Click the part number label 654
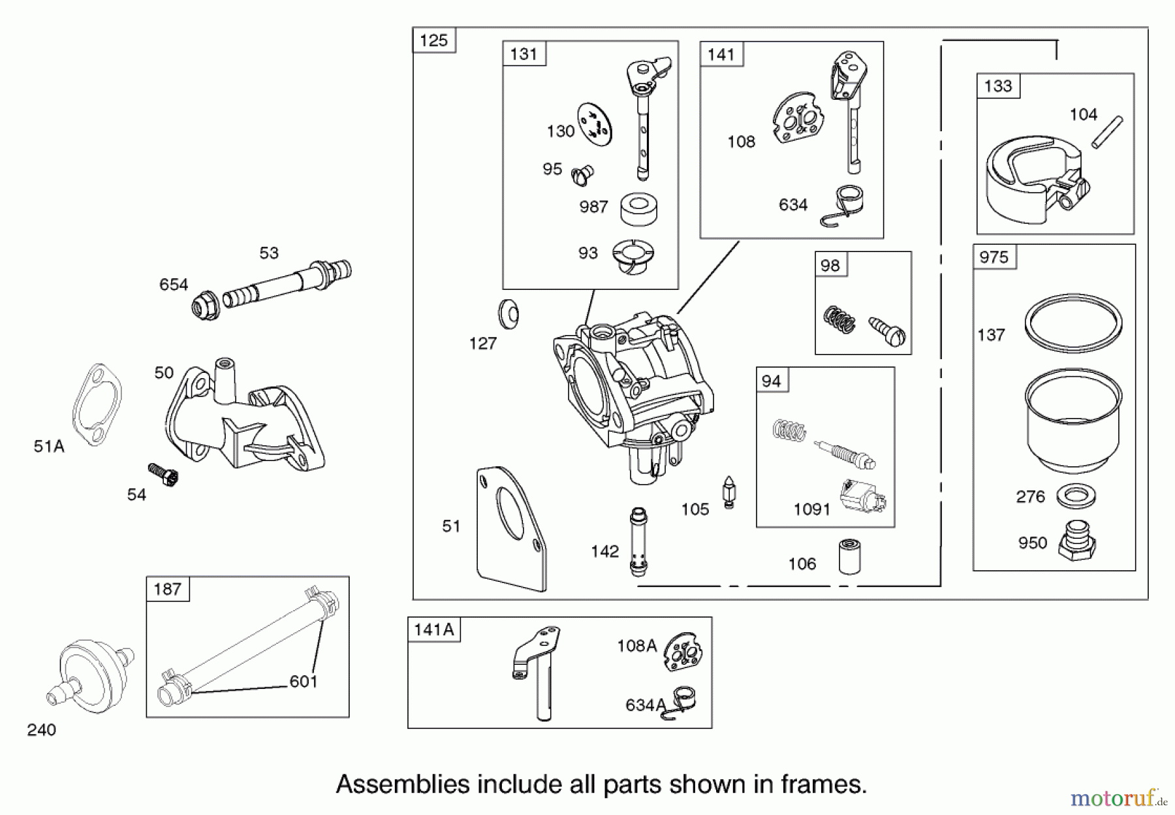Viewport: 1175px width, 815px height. coord(174,285)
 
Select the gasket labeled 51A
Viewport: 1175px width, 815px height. coord(97,405)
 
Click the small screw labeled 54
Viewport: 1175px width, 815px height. coord(164,474)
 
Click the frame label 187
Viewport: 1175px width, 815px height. coord(167,589)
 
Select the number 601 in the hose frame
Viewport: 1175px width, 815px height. coord(303,682)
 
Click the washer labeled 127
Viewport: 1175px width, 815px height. coord(509,314)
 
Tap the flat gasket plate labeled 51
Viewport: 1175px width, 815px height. coord(511,529)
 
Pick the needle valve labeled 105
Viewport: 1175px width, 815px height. coord(728,492)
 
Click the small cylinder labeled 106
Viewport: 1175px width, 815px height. coord(849,556)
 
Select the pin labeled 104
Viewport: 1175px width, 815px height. coord(1107,132)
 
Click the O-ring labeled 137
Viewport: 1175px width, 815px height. coord(1073,323)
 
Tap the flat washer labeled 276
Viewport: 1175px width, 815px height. coord(1076,496)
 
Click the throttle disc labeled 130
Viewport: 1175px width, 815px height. coord(595,124)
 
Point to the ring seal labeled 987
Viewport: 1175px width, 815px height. coord(638,209)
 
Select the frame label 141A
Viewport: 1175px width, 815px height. coord(433,630)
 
